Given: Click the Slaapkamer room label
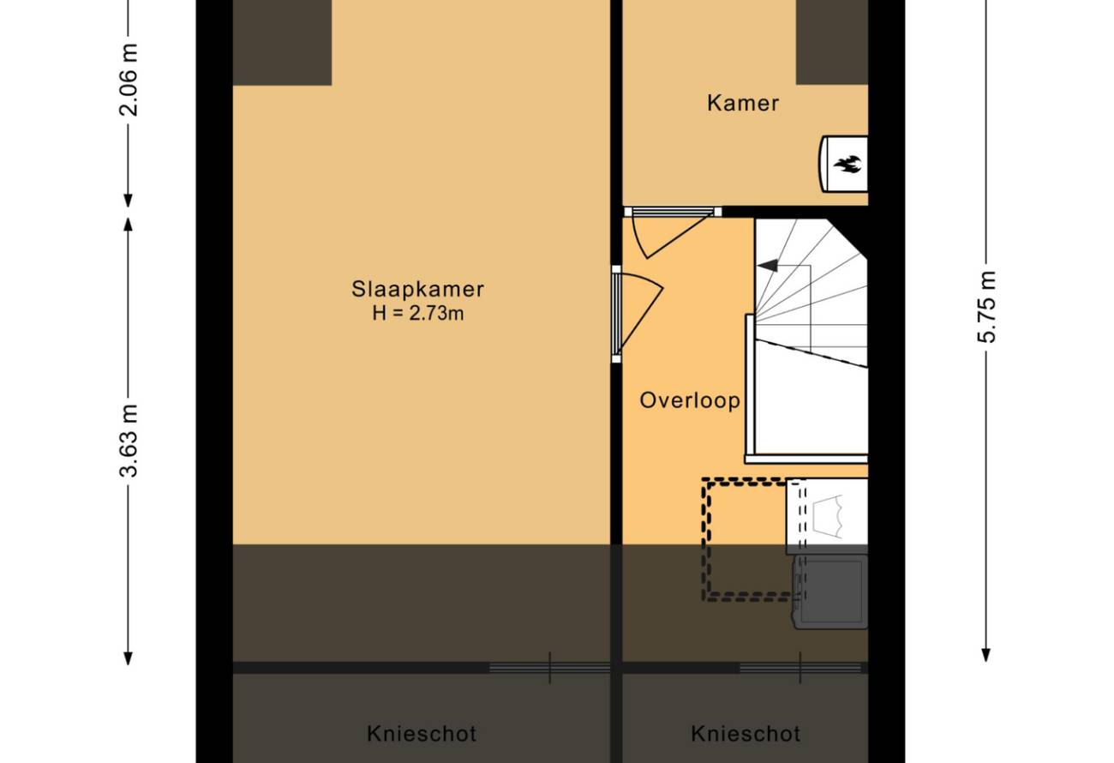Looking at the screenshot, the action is pos(417,289).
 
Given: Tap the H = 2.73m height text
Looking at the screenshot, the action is pos(418,314).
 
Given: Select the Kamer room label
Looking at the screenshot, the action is pos(743,103).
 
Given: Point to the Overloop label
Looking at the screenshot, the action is pos(689,400).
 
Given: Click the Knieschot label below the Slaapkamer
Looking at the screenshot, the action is pos(422,734).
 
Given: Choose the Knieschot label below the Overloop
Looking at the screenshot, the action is pos(746,734).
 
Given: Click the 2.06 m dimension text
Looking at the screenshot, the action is pos(129,80).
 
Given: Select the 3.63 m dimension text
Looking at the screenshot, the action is pos(129,441).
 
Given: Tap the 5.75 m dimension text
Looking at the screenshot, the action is pos(986,307).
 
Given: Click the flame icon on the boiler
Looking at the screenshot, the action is pos(848,164).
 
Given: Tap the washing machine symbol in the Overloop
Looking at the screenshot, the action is pos(827,516).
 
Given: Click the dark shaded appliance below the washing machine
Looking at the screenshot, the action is pos(830,592).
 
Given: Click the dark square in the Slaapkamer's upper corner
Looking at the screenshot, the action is pos(283,43).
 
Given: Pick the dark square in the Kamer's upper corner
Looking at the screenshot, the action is pos(832,42).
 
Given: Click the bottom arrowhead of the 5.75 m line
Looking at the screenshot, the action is pos(986,656).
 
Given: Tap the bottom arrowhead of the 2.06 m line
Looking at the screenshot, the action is pos(129,201).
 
